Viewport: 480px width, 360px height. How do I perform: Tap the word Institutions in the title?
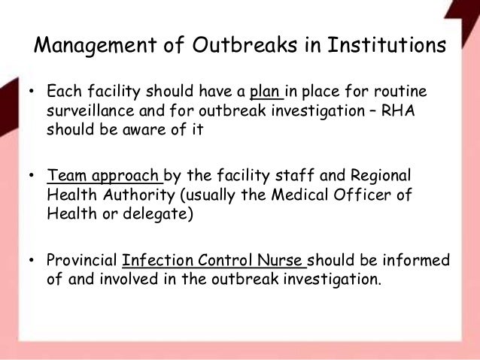click(x=381, y=47)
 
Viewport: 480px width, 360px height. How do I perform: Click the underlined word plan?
click(x=266, y=93)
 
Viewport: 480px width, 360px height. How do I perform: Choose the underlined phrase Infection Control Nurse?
click(x=215, y=262)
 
